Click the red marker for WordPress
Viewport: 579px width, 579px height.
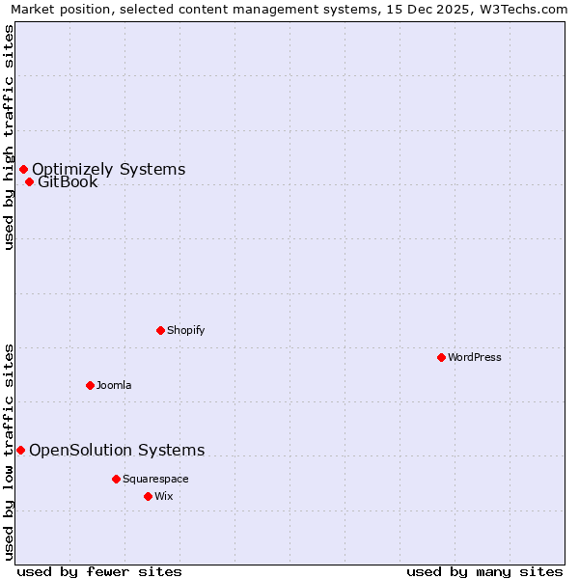click(441, 357)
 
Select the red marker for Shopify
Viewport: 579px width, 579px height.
click(160, 330)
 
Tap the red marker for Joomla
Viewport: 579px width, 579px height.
click(90, 385)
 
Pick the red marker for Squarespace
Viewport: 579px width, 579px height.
click(116, 479)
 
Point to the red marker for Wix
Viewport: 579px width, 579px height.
click(148, 496)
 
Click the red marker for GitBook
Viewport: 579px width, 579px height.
click(29, 182)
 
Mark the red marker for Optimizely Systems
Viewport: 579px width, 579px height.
click(23, 170)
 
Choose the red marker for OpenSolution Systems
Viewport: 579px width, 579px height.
click(20, 450)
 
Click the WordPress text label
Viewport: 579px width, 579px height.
click(474, 357)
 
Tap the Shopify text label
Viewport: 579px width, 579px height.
click(185, 330)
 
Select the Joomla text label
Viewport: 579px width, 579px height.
click(114, 385)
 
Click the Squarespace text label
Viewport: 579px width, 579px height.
click(155, 479)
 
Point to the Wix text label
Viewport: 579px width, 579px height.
click(163, 496)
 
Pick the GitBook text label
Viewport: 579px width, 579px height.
click(68, 182)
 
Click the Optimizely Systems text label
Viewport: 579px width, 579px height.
click(108, 170)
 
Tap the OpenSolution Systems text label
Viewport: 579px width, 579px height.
click(117, 450)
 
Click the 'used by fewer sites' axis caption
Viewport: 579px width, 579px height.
click(99, 571)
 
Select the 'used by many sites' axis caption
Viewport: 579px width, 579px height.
click(484, 571)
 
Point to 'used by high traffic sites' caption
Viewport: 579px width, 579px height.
click(9, 137)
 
